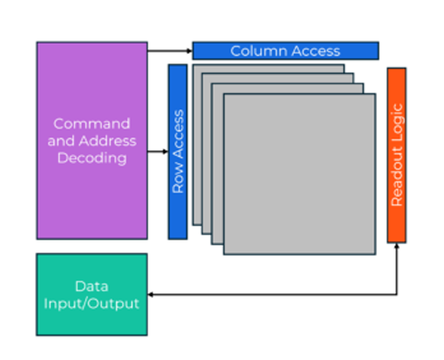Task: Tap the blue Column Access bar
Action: point(285,51)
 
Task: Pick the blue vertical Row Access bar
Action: point(177,151)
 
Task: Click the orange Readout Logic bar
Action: point(396,155)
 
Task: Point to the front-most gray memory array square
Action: point(299,174)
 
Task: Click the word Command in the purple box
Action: point(92,124)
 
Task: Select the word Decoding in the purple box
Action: point(92,158)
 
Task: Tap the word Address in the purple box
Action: point(107,141)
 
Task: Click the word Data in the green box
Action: point(92,286)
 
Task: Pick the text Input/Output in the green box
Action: point(92,303)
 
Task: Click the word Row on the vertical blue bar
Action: point(178,181)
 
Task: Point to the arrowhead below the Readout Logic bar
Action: point(396,248)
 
